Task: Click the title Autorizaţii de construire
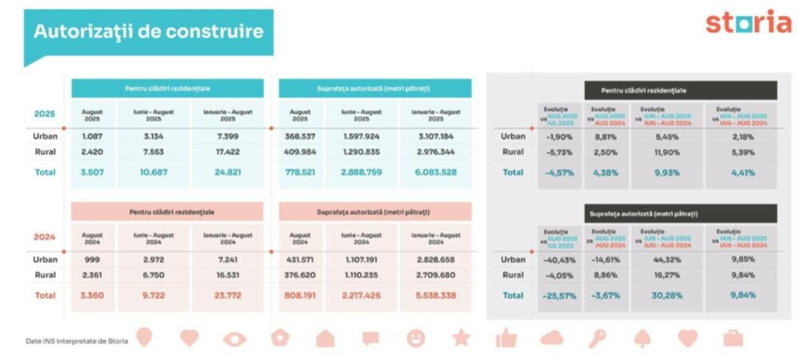click(x=148, y=32)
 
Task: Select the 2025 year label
click(x=44, y=113)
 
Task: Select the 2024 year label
click(x=44, y=236)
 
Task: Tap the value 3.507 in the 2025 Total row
click(x=92, y=172)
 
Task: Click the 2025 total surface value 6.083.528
click(x=437, y=172)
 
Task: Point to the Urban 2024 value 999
click(x=92, y=259)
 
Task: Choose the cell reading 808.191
click(x=300, y=295)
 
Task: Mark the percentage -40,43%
click(x=559, y=259)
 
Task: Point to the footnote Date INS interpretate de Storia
click(x=75, y=341)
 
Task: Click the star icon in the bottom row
click(x=461, y=338)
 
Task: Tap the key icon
click(x=596, y=339)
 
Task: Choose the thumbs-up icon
click(x=506, y=338)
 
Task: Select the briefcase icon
click(x=733, y=338)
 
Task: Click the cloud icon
click(x=551, y=338)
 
